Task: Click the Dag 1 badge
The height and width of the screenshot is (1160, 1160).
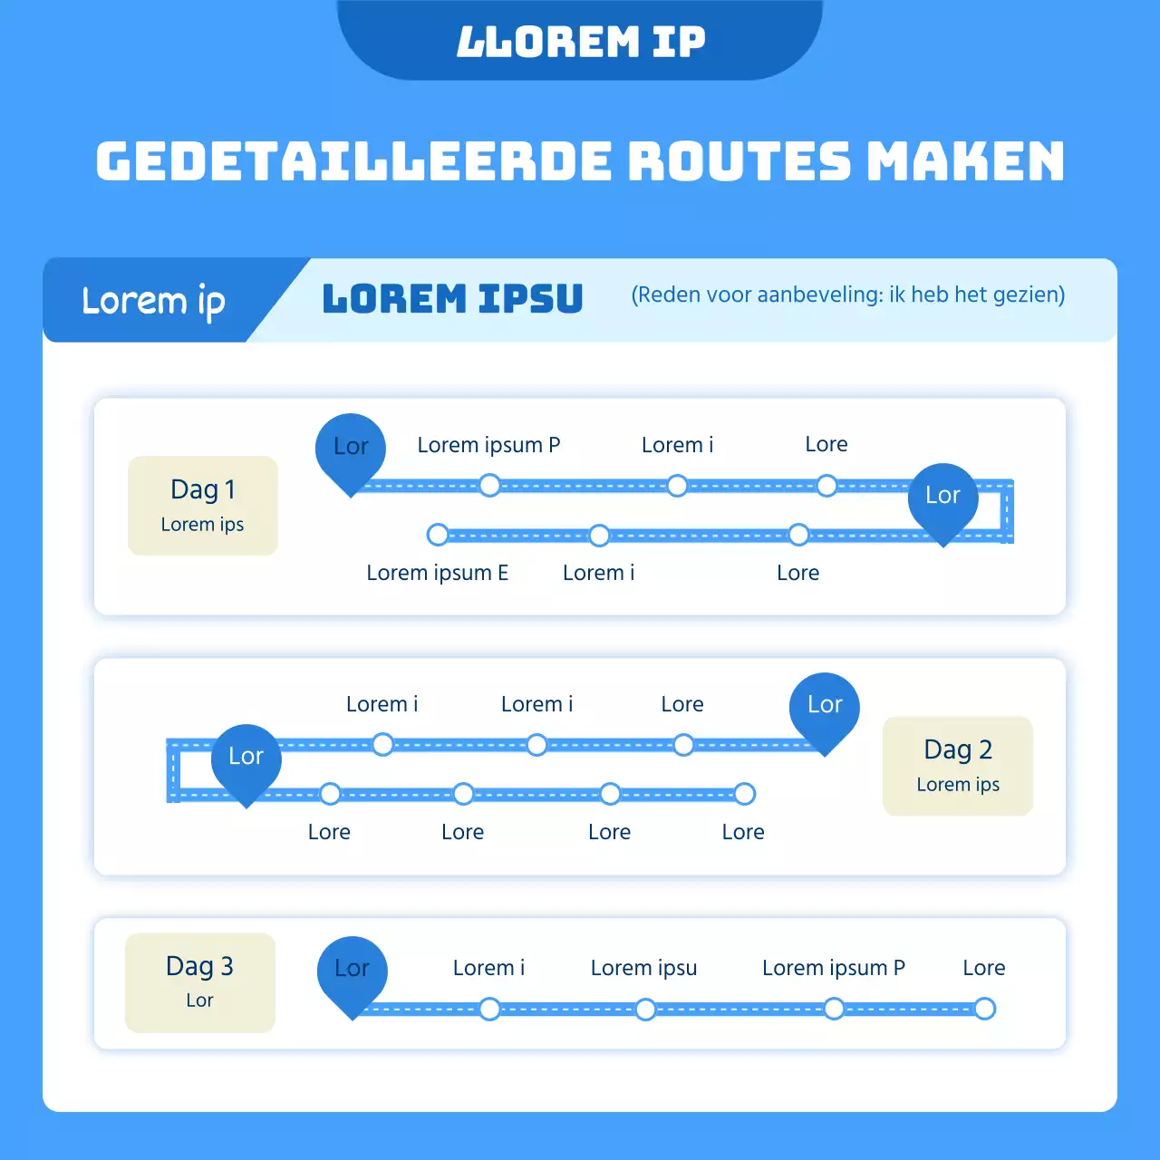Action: pyautogui.click(x=202, y=505)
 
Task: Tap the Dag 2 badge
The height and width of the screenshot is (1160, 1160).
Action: pyautogui.click(x=958, y=766)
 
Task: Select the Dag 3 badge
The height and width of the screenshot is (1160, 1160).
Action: pyautogui.click(x=199, y=981)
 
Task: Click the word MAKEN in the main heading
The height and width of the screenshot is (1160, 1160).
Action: pyautogui.click(x=965, y=162)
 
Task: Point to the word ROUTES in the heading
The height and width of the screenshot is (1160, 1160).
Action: pyautogui.click(x=739, y=162)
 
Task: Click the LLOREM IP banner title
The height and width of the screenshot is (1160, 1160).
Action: pyautogui.click(x=580, y=42)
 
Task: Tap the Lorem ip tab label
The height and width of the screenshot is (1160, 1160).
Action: pyautogui.click(x=153, y=301)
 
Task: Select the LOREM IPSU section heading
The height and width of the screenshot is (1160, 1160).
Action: pyautogui.click(x=452, y=299)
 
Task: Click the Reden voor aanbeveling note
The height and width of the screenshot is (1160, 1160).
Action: pyautogui.click(x=848, y=295)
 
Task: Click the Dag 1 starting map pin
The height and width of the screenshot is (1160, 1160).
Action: pyautogui.click(x=351, y=449)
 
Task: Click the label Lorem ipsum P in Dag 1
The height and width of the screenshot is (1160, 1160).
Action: pyautogui.click(x=488, y=445)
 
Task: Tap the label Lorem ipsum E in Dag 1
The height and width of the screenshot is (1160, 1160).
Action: pyautogui.click(x=437, y=573)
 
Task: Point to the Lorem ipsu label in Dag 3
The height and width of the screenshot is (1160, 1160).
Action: pyautogui.click(x=643, y=968)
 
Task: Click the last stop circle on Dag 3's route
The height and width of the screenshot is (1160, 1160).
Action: pyautogui.click(x=984, y=1009)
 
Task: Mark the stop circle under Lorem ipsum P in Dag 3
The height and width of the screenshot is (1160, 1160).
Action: pyautogui.click(x=834, y=1009)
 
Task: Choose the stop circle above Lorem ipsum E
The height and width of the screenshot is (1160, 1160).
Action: pyautogui.click(x=438, y=535)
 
